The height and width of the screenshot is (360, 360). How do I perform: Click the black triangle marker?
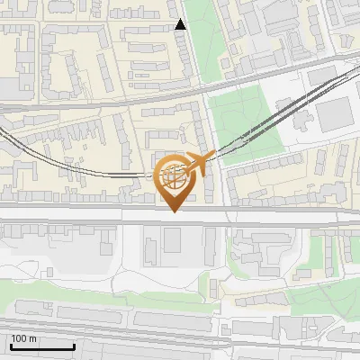click(x=181, y=24)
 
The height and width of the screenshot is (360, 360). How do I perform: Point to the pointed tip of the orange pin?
click(x=175, y=211)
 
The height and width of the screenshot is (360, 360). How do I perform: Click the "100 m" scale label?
click(x=23, y=338)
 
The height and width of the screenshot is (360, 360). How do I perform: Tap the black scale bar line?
click(x=41, y=346)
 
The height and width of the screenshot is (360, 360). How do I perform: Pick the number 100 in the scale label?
click(x=19, y=338)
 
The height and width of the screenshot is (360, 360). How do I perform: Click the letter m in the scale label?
click(x=32, y=338)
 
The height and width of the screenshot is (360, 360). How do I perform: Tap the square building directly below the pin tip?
click(x=171, y=238)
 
